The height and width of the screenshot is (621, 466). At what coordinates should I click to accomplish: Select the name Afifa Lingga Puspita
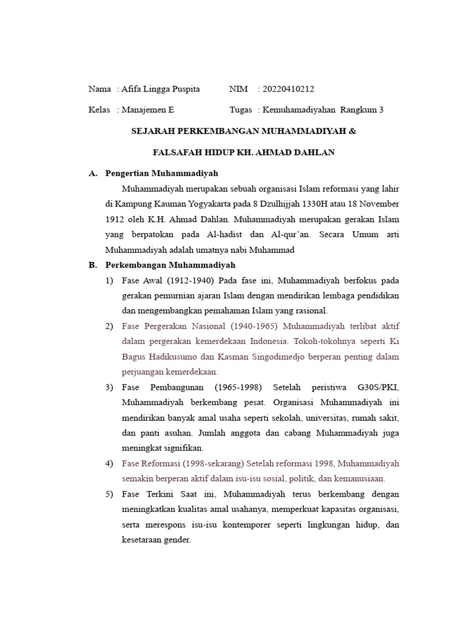point(160,89)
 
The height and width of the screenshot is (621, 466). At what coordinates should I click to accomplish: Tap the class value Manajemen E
point(147,110)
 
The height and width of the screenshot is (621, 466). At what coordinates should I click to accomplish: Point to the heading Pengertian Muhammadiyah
point(161,173)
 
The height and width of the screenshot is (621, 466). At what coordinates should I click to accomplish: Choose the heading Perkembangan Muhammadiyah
point(170,265)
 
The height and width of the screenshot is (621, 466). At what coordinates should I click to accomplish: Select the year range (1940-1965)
point(247,326)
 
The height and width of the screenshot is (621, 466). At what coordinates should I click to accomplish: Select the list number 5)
point(109,494)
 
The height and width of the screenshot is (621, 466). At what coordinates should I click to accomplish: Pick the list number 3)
point(109,387)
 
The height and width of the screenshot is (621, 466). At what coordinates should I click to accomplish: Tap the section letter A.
point(93,173)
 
